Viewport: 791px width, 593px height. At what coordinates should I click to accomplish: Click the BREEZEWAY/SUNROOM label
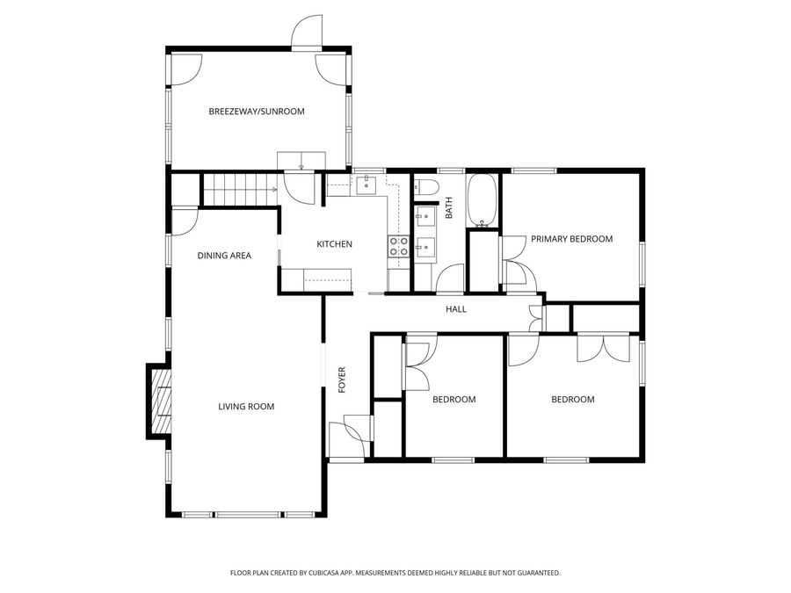(x=256, y=112)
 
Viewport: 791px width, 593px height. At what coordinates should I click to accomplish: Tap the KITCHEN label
(x=335, y=244)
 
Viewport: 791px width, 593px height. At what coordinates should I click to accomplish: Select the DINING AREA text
(x=224, y=256)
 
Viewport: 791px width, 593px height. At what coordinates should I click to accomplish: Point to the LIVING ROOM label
(x=246, y=406)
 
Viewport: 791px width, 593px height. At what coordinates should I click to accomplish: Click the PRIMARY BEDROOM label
(x=571, y=239)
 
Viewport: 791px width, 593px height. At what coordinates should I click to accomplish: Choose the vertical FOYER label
(x=343, y=379)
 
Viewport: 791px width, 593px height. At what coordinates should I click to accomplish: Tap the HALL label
(x=456, y=309)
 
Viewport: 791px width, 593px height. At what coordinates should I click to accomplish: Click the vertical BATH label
(x=448, y=208)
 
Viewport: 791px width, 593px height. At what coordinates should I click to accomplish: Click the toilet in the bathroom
(x=425, y=187)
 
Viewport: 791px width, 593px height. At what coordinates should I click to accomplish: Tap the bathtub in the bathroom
(x=482, y=200)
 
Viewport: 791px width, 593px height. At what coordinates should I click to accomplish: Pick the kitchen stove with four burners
(x=398, y=246)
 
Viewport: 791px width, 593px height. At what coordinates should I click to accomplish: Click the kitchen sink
(x=365, y=184)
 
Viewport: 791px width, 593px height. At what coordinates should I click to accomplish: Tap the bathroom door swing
(x=450, y=278)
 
